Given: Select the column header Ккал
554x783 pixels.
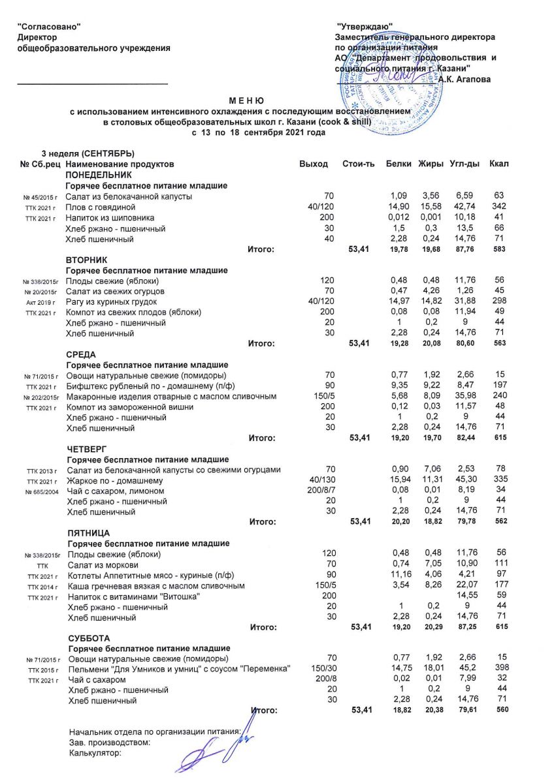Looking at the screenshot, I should pos(499,162).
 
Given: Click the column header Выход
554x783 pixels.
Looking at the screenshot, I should pos(314,162).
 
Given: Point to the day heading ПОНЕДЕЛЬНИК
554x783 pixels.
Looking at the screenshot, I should pos(99,175).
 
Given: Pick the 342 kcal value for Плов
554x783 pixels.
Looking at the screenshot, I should pos(499,207).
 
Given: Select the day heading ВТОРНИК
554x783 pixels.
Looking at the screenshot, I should pos(87,260).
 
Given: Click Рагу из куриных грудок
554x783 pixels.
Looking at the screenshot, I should pos(112,302).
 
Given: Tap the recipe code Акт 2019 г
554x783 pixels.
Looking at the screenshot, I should pos(42,303).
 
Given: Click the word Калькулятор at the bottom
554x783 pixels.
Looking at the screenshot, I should pos(95,754).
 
